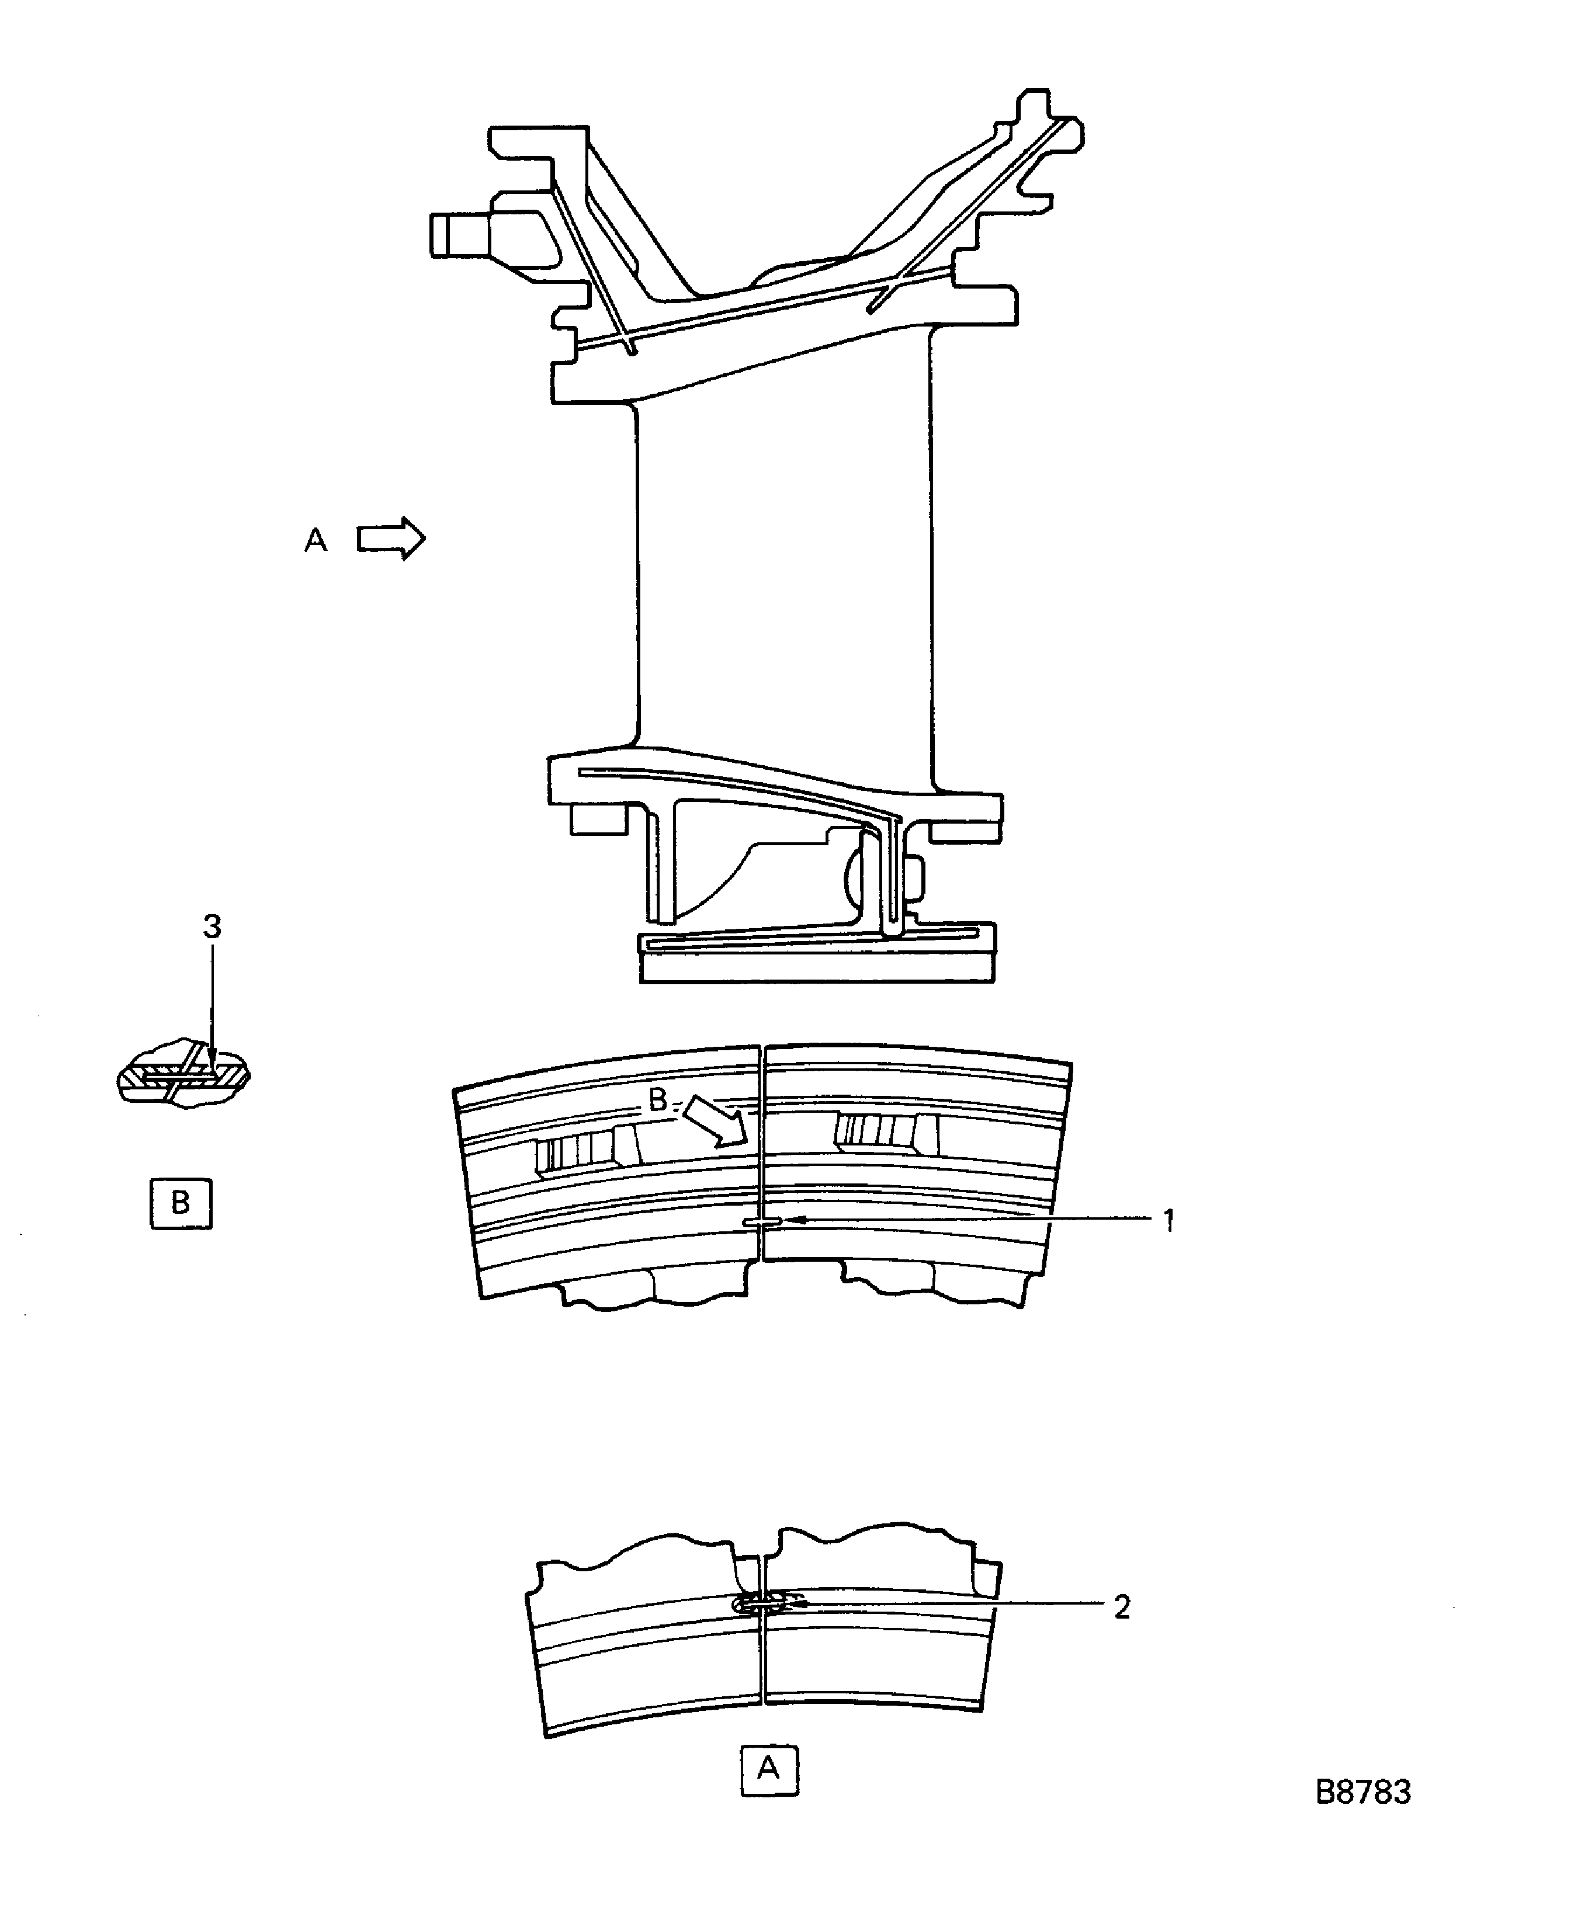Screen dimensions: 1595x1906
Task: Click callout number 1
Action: pos(1169,1221)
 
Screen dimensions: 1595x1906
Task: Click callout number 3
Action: pos(211,926)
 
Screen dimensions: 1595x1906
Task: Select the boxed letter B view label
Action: pos(181,1203)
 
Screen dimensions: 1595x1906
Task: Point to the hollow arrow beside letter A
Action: pos(390,539)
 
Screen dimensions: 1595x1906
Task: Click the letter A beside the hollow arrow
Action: pos(315,540)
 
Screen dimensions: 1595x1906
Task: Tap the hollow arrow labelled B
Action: pos(717,1123)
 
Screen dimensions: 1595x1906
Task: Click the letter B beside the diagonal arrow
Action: pos(658,1100)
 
